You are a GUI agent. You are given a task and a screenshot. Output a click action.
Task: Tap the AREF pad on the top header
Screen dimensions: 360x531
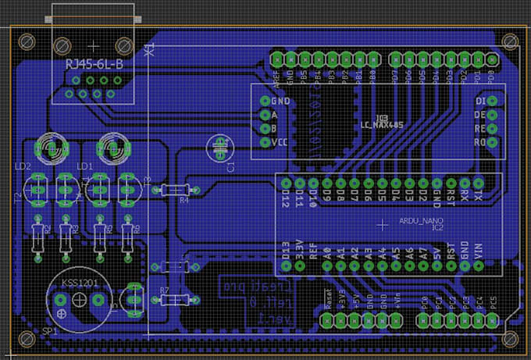click(x=277, y=58)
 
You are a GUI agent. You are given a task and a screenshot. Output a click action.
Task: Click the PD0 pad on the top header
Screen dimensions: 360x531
click(x=491, y=58)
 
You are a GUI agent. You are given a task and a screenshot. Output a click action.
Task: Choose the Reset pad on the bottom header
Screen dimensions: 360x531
click(x=327, y=321)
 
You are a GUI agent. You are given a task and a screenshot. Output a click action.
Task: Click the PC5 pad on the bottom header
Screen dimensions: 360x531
click(x=493, y=321)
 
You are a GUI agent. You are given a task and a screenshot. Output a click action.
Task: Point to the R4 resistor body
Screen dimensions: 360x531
click(x=175, y=189)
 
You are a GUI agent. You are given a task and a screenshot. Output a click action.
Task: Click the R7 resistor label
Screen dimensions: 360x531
click(x=164, y=290)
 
